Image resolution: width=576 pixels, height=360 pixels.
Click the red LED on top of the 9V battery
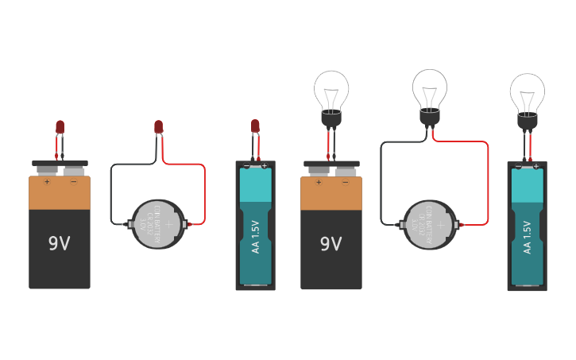(x=60, y=126)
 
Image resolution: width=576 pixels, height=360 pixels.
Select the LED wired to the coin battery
(x=159, y=126)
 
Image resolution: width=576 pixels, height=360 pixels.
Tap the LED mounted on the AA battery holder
(x=255, y=126)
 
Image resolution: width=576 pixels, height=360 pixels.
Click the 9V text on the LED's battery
(x=60, y=244)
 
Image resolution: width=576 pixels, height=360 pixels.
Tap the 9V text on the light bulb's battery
(x=331, y=244)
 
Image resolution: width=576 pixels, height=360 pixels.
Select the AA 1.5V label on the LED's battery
(x=256, y=237)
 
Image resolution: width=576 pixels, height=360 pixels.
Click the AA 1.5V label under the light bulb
(x=527, y=237)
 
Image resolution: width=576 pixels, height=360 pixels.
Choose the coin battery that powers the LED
(x=158, y=224)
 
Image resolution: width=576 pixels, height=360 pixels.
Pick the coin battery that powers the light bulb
(x=431, y=225)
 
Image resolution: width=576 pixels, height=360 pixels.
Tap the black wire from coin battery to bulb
(x=381, y=183)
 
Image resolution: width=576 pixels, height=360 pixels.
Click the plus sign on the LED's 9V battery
(x=47, y=182)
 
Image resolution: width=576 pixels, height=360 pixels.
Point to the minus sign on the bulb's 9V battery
(x=345, y=182)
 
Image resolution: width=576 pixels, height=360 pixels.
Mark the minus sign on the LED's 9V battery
(x=73, y=182)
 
